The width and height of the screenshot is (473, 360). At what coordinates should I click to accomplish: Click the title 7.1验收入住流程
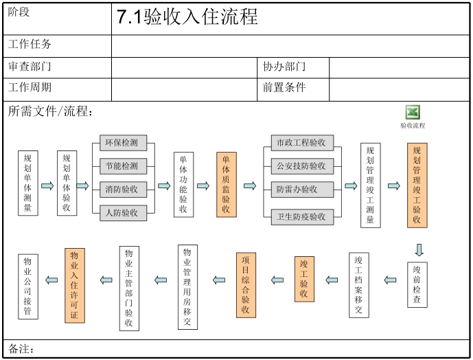187,18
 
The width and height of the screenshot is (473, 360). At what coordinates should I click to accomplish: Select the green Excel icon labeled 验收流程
413,113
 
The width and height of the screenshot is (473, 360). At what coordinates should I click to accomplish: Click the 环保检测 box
123,143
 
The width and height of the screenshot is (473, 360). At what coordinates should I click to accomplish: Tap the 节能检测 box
123,166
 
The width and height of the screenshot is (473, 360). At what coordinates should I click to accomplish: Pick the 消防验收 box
123,189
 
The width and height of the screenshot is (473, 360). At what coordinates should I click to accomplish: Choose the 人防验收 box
123,212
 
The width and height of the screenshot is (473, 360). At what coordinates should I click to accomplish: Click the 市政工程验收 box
301,143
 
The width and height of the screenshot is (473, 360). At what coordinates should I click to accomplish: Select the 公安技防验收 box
301,166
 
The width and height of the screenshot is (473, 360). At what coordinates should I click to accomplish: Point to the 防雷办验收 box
301,189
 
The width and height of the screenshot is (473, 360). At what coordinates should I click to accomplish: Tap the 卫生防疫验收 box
301,216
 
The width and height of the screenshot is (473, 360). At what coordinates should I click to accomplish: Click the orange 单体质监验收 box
226,184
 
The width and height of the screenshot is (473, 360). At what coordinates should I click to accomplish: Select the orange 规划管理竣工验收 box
417,185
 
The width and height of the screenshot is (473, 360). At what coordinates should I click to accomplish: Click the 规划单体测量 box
27,183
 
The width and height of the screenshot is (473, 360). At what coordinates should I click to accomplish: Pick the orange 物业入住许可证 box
75,285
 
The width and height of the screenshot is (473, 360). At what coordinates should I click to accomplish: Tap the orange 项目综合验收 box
246,284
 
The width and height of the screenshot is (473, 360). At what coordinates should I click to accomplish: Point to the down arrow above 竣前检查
419,249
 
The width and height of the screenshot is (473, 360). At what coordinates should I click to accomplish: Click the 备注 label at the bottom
22,349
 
